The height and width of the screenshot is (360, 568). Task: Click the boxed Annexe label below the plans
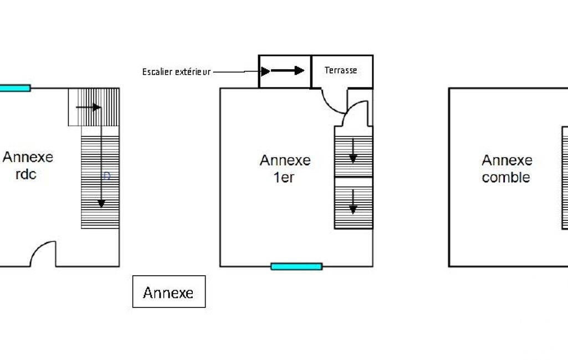point(168,292)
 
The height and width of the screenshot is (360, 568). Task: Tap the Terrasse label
point(340,70)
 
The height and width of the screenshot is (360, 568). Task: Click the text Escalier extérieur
point(176,72)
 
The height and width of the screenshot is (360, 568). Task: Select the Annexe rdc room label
point(28,165)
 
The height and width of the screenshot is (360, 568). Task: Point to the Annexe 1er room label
point(285,169)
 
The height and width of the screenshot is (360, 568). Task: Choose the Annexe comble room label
point(506,169)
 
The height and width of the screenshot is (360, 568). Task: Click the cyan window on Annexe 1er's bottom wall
point(296,266)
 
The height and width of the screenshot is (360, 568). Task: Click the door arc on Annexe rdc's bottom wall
point(43,254)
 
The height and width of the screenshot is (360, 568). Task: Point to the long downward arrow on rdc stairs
point(101,161)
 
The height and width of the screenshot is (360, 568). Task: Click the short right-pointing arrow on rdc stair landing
point(88,107)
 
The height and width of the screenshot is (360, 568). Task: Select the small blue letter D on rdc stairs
point(108,176)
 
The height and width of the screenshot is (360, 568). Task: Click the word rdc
point(26,174)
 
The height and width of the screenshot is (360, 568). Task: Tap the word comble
point(506,178)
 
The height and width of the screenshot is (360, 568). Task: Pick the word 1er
point(284,178)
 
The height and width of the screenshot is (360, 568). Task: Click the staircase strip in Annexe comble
point(565,177)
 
